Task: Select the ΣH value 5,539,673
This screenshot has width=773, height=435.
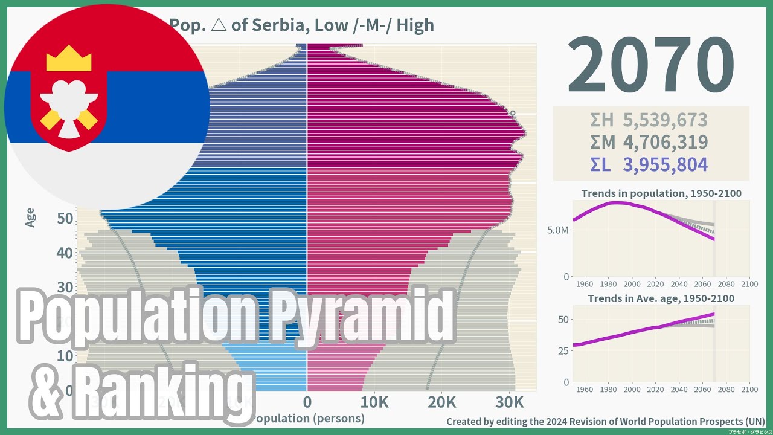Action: pyautogui.click(x=665, y=120)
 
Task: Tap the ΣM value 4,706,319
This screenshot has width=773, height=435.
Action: pyautogui.click(x=665, y=143)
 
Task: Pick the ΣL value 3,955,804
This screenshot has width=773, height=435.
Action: pyautogui.click(x=665, y=165)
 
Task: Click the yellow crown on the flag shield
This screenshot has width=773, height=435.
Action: pyautogui.click(x=69, y=59)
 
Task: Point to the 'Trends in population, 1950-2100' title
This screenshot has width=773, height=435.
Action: pyautogui.click(x=661, y=194)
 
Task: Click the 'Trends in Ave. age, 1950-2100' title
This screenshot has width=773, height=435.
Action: pyautogui.click(x=661, y=298)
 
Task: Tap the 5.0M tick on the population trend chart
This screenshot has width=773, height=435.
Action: pyautogui.click(x=557, y=230)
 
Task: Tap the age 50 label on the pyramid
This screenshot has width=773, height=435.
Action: pyautogui.click(x=65, y=218)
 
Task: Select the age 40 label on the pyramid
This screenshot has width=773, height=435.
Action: pyautogui.click(x=65, y=253)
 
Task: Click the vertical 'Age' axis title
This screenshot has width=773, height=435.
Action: pyautogui.click(x=30, y=217)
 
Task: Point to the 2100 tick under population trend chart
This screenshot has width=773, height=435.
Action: pyautogui.click(x=749, y=284)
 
